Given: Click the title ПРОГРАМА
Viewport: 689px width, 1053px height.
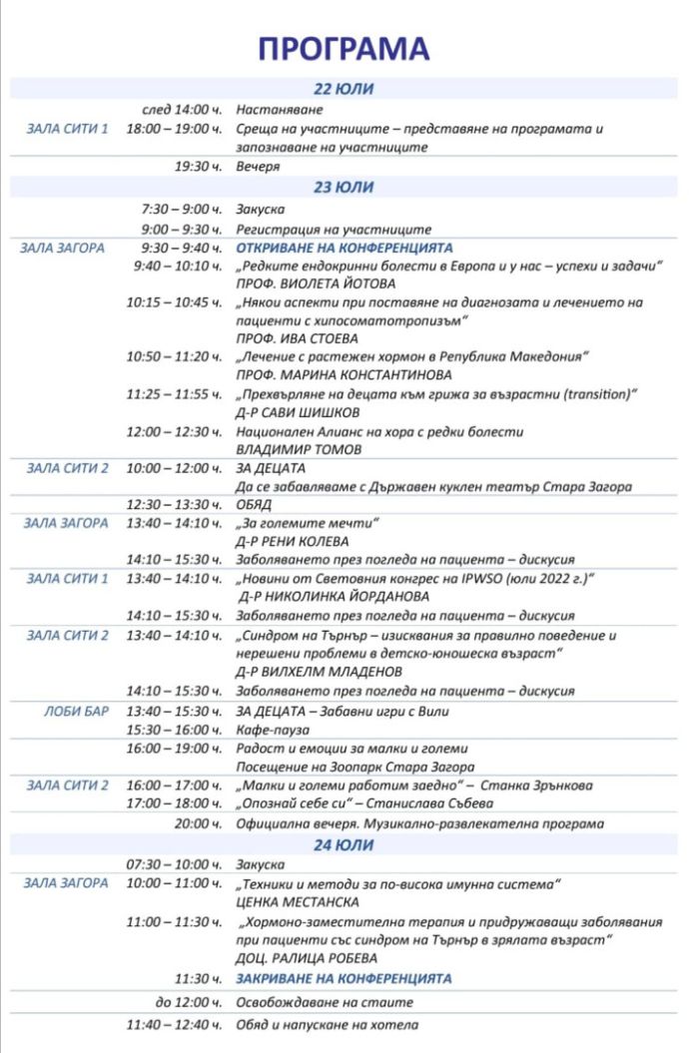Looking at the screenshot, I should (344, 48).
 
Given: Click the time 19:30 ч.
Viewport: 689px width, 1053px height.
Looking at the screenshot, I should (198, 167).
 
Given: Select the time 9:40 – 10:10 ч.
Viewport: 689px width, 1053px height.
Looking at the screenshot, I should (177, 265).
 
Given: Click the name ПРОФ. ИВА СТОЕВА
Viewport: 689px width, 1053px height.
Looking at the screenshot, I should (283, 338).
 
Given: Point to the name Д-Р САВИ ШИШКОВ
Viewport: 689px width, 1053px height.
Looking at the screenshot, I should (285, 412).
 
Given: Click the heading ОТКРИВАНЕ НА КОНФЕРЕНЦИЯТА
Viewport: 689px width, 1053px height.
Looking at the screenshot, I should (344, 248).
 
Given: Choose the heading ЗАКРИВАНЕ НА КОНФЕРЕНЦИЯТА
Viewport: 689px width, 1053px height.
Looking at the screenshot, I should (344, 978).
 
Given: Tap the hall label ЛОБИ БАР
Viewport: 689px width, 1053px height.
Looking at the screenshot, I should (76, 711).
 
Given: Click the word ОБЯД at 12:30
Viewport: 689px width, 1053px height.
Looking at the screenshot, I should (255, 504).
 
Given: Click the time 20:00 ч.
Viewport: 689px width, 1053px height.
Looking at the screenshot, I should (198, 823).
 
